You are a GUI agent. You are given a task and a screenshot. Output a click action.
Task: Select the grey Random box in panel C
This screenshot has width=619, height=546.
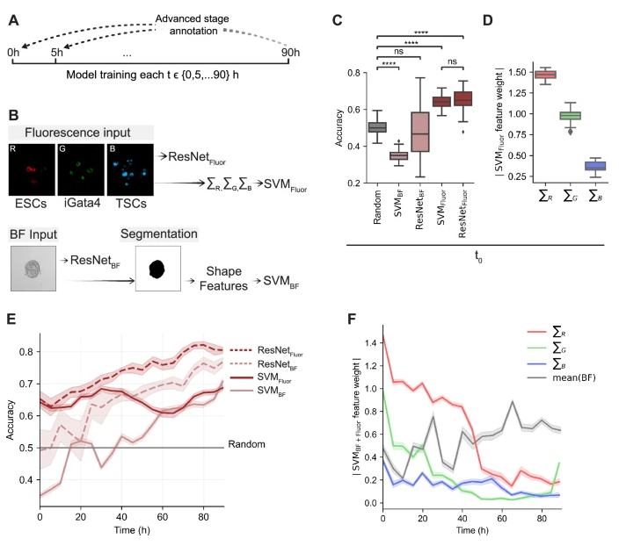(x=377, y=127)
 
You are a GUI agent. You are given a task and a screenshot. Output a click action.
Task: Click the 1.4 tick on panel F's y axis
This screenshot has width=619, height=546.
(x=368, y=340)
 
